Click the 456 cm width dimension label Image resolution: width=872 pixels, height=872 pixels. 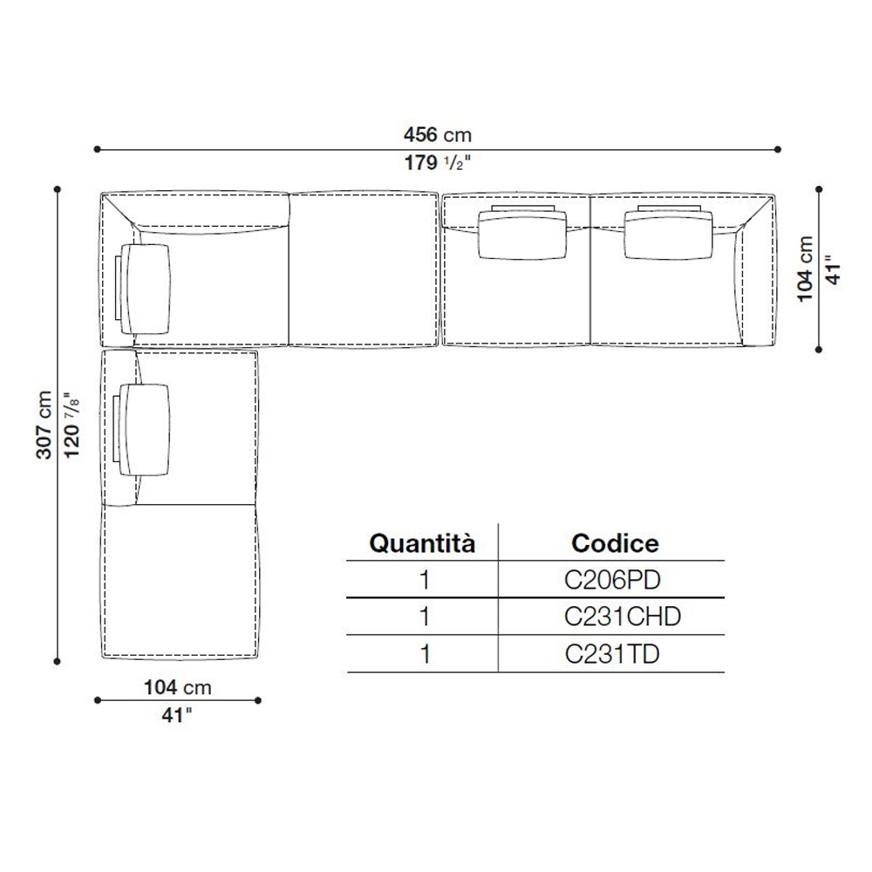tap(438, 134)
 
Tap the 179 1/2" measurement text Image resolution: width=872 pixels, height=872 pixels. tap(438, 162)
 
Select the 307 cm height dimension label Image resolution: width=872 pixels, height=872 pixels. tap(44, 425)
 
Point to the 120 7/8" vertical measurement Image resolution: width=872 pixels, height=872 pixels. tap(72, 425)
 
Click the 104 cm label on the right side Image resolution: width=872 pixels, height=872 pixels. tap(805, 269)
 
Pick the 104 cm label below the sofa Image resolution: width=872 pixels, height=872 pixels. tap(178, 687)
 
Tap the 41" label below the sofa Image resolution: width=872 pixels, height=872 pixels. tap(177, 715)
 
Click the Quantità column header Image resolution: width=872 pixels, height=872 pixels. tap(422, 543)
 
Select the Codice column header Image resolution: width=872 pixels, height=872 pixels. tap(615, 543)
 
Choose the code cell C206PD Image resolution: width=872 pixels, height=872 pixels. tap(612, 580)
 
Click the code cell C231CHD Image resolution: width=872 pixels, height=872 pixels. tap(623, 617)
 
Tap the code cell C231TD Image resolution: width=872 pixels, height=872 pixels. tap(612, 654)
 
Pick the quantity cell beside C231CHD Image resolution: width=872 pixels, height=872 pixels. tap(425, 617)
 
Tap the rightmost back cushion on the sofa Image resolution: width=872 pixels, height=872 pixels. tap(669, 234)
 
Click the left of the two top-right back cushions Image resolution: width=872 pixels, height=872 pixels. tap(522, 233)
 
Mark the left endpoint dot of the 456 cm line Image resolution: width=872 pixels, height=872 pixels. tap(98, 149)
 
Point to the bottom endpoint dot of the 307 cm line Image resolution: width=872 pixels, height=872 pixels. tap(58, 661)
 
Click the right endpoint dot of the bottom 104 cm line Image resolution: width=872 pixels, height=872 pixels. tap(257, 700)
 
